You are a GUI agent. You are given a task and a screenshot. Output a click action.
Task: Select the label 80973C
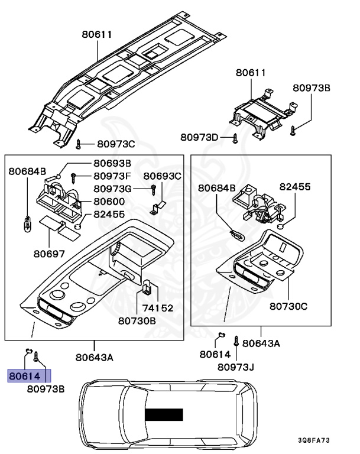[116, 144]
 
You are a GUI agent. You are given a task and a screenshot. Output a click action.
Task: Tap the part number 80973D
[200, 137]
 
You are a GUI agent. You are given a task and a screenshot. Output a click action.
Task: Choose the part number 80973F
[112, 176]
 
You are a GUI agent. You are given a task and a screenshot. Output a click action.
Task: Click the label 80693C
[162, 176]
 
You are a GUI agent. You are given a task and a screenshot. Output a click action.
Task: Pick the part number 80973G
[112, 189]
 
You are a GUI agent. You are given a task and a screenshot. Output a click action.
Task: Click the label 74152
[157, 308]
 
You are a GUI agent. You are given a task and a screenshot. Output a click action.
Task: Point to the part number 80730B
[137, 321]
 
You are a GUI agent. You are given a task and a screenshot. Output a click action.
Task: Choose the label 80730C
[288, 306]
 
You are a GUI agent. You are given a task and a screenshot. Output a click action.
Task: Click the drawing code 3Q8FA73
[314, 441]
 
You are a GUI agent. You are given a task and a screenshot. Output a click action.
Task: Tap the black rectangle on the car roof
[164, 415]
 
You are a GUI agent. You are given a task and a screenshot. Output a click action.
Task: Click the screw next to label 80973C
[79, 143]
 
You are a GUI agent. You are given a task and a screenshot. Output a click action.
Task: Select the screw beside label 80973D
[235, 138]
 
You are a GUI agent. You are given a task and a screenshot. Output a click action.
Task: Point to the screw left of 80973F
[73, 176]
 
